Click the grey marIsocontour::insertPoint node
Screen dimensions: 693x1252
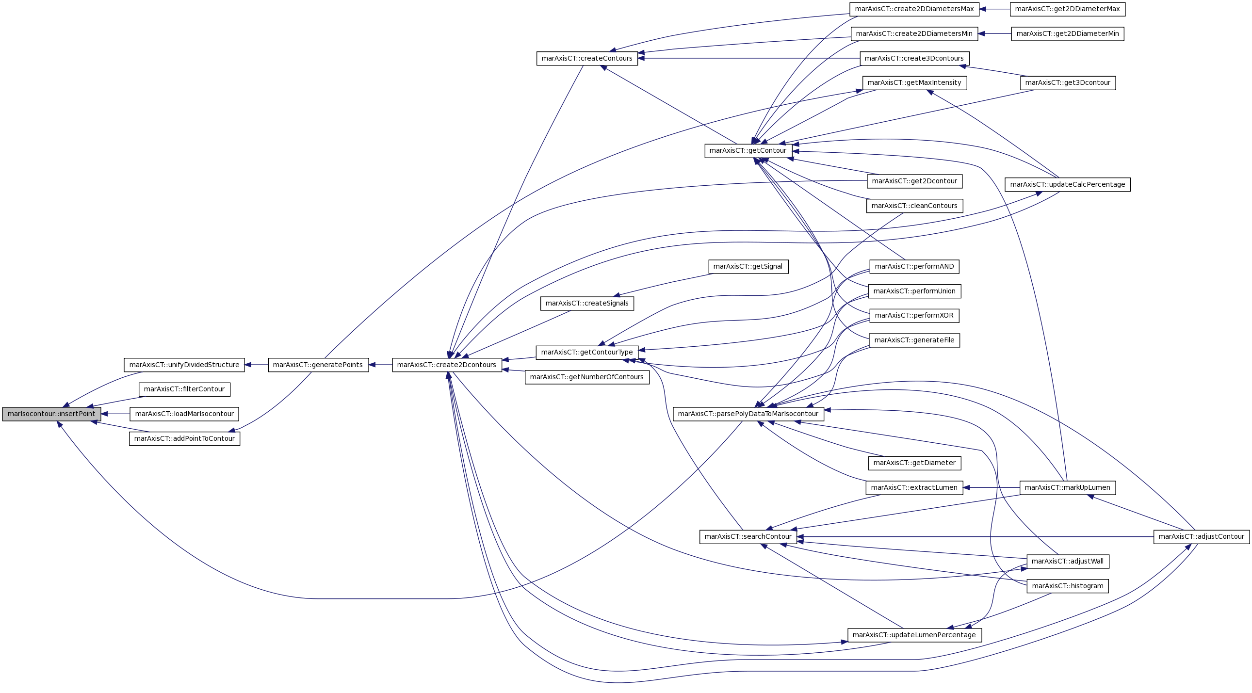tap(51, 414)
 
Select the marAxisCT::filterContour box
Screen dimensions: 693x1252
tap(184, 389)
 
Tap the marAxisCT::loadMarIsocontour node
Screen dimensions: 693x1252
tap(184, 414)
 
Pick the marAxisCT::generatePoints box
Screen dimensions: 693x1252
tap(318, 365)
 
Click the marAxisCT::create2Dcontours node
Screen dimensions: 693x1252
tap(447, 365)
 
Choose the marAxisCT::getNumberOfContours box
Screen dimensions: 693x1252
tap(586, 377)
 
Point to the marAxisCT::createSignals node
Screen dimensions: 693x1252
tap(586, 303)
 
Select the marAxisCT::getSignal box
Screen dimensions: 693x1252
tap(748, 266)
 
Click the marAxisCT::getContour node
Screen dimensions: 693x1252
tap(748, 151)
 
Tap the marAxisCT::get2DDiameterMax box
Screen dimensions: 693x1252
tap(1067, 9)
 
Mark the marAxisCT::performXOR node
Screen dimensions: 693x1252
tap(914, 316)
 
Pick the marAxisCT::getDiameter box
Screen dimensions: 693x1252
tap(914, 463)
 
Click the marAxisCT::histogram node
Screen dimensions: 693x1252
tap(1067, 586)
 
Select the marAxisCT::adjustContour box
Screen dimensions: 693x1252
tap(1201, 537)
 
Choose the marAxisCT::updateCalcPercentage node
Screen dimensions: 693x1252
tap(1067, 185)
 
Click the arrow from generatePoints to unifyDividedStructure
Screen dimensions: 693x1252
tap(256, 365)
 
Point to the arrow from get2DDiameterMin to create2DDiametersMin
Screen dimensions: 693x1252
tap(994, 34)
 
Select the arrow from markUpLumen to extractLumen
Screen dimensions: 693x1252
tap(991, 487)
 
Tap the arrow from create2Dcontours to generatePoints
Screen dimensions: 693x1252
tap(381, 365)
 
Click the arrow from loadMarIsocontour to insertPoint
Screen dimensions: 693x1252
tap(115, 414)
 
